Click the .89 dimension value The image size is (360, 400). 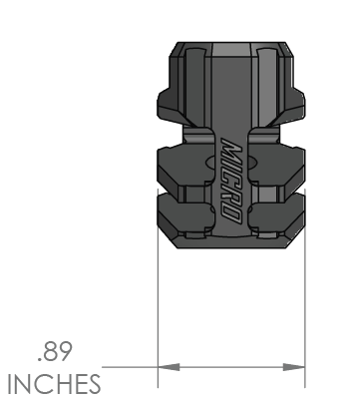(55, 352)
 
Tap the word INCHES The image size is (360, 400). (54, 384)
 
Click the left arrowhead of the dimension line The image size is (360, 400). (169, 367)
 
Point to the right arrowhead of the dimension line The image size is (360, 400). (294, 367)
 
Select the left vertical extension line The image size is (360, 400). (158, 288)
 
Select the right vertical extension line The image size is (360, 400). (305, 288)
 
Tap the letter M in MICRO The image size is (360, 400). (230, 148)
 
